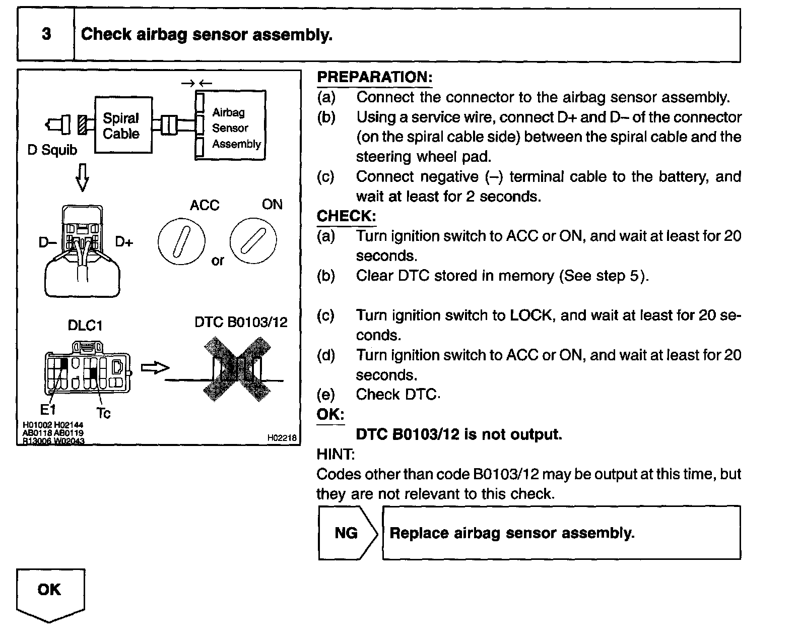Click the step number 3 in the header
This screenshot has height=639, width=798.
46,34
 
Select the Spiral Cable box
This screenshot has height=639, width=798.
123,125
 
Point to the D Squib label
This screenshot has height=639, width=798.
52,150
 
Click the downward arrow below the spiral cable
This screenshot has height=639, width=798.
82,177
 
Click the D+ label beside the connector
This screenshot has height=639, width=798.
124,242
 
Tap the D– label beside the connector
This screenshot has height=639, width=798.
47,242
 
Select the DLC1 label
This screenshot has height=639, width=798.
85,326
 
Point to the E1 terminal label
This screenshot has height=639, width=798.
48,410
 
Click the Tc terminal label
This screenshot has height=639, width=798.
103,413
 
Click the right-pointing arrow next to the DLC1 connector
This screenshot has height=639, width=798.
154,368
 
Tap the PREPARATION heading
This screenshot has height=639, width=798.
374,77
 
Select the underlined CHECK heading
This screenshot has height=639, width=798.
346,216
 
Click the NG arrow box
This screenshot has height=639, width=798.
347,533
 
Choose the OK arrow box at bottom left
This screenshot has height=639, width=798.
50,593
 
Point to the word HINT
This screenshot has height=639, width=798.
336,454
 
